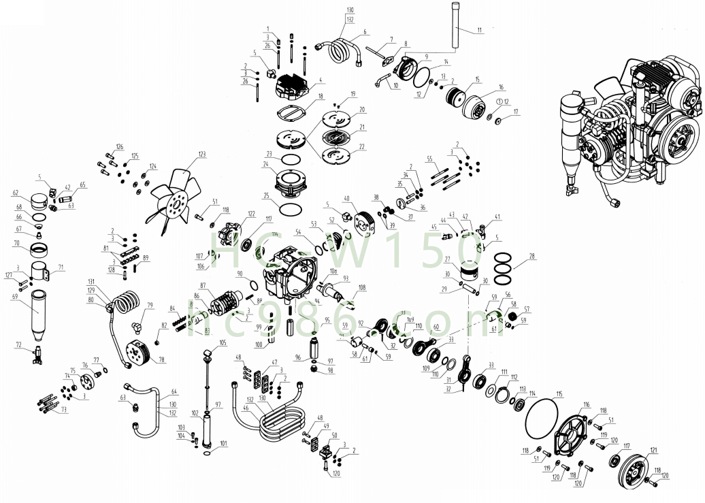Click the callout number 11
click(x=479, y=30)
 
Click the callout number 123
click(x=201, y=155)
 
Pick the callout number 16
click(x=502, y=88)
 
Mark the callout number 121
click(x=654, y=451)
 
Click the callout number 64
click(x=174, y=392)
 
